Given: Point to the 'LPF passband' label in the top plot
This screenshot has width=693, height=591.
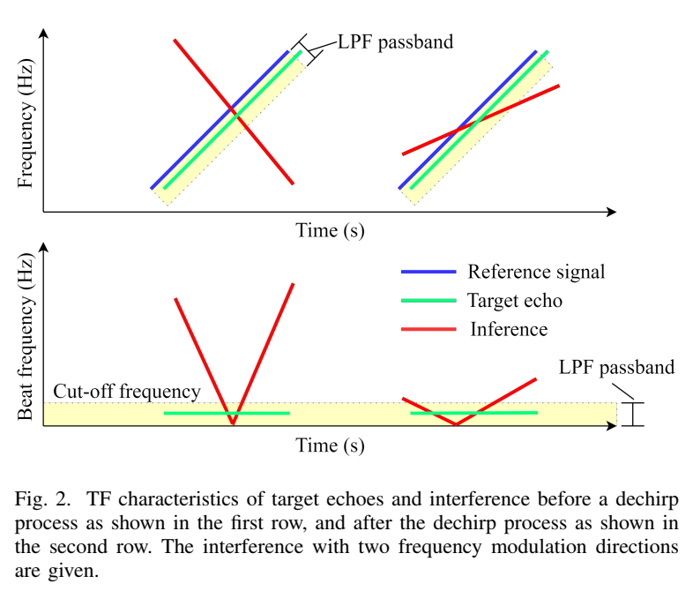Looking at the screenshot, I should pos(396,41).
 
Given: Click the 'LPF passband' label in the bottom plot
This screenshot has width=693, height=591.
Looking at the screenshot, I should pos(618,367).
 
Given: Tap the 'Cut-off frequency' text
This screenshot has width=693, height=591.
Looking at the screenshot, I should pos(127,391).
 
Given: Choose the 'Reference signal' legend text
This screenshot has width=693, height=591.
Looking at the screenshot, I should pos(536,272).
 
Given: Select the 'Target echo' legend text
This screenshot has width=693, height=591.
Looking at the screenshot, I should pos(515,300).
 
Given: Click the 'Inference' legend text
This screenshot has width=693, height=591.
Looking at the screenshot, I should pos(509,329).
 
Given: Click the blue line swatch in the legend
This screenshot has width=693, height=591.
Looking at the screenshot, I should pos(428,272).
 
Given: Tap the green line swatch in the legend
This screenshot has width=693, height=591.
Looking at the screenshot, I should pos(428,300).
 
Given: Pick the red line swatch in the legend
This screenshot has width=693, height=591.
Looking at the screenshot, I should pos(428,329).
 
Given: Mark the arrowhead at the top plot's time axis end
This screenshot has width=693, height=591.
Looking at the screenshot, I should pos(609,212).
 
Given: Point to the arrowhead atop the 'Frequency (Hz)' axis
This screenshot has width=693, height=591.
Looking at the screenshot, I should pos(43,34).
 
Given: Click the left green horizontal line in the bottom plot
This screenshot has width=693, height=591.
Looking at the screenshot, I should pos(227,413).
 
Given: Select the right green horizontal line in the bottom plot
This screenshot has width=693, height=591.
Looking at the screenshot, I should pos(474,413).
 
